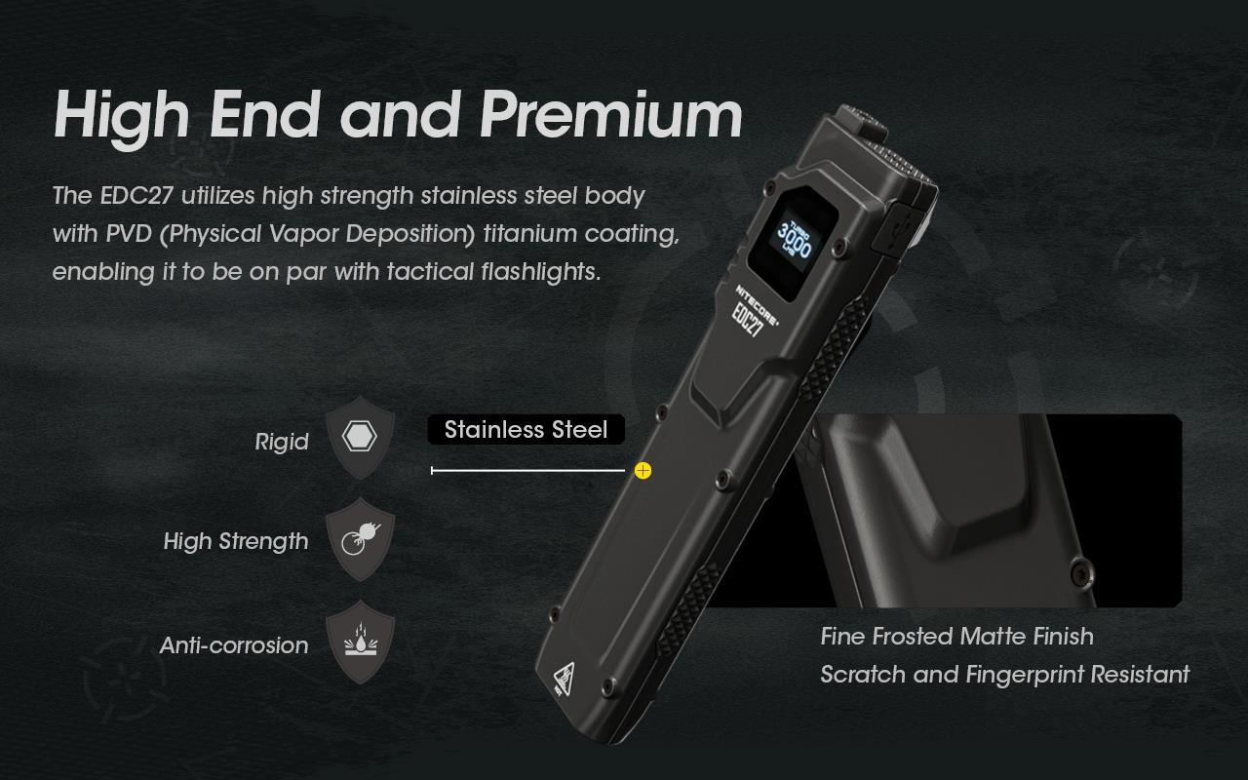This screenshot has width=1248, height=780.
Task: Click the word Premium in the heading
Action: [611, 116]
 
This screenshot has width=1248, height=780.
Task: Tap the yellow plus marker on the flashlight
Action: [643, 471]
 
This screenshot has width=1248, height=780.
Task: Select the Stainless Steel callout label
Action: [526, 430]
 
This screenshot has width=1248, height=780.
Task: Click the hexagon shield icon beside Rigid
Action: [360, 437]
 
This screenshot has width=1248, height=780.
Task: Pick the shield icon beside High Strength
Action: [360, 538]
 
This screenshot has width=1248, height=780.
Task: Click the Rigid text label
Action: [282, 442]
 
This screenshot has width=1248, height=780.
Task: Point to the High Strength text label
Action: [236, 541]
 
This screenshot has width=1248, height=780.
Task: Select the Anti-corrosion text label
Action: [234, 645]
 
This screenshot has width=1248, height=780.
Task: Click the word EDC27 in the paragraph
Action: [136, 196]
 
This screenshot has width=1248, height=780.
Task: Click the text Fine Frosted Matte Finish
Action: [956, 637]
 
